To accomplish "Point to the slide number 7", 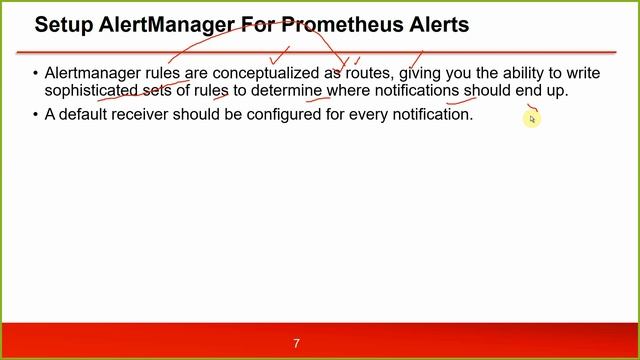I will coord(296,343).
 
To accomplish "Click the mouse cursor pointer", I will coord(532,118).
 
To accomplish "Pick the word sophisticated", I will coord(91,91).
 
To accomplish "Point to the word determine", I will coord(286,91).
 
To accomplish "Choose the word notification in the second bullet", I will coord(428,114).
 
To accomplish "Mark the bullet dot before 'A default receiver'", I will coord(35,114).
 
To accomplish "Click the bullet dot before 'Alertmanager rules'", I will coord(35,73).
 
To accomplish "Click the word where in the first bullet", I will coord(348,91).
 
